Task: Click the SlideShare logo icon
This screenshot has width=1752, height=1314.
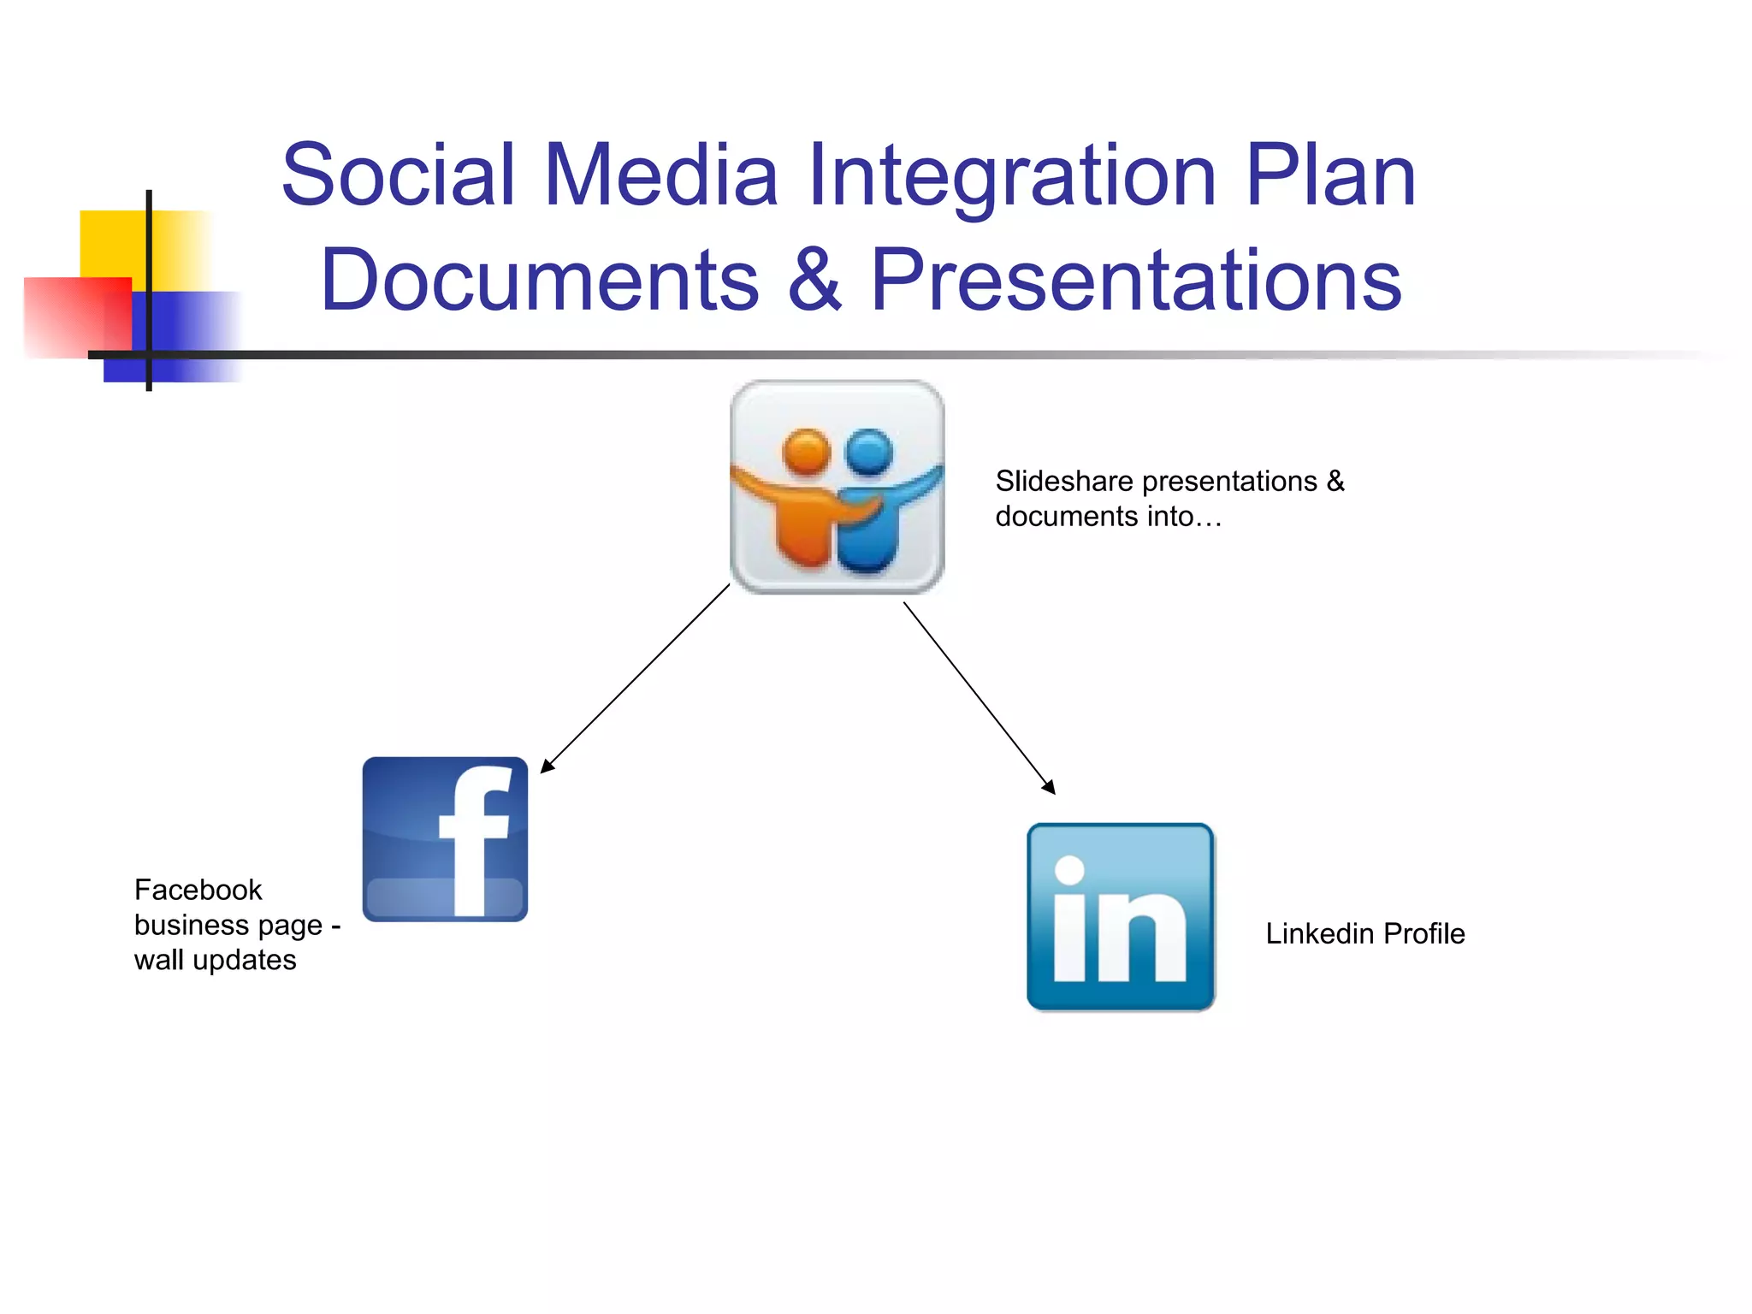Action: pos(837,487)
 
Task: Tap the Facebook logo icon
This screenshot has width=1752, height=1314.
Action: pos(445,838)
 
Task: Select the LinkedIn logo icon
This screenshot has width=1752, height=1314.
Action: pos(1121,917)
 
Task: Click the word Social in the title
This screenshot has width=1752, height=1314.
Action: pos(399,175)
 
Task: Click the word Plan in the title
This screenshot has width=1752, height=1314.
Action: pos(1330,175)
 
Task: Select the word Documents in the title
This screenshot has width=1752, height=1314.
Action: pos(540,280)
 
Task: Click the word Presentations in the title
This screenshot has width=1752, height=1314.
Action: pos(1136,280)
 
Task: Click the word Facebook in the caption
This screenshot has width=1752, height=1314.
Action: pos(198,890)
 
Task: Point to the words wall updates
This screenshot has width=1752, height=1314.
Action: pos(215,960)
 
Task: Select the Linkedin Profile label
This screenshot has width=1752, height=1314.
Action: pos(1364,933)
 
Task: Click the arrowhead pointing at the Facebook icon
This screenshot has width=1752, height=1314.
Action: pos(547,766)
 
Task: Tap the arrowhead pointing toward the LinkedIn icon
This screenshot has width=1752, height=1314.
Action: pos(1050,788)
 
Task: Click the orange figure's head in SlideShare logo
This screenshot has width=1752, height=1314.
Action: pos(807,451)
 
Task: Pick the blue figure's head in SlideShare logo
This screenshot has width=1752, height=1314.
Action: pos(868,451)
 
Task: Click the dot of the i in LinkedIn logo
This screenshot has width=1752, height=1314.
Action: pos(1069,870)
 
